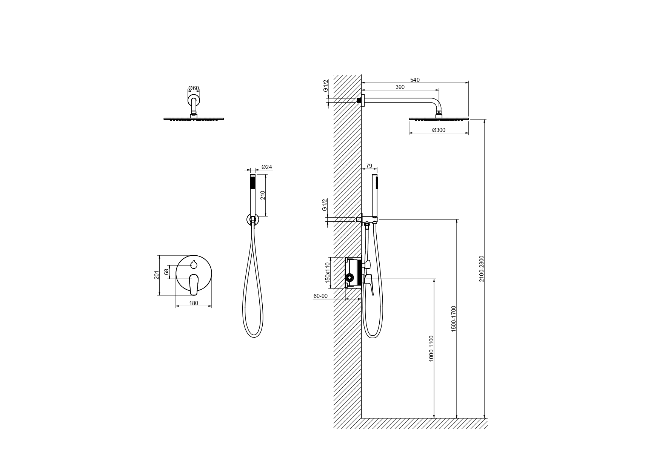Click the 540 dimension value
(x=415, y=80)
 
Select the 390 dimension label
(x=400, y=87)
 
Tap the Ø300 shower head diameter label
(x=439, y=130)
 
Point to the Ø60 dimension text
(x=194, y=88)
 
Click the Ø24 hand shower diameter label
(x=267, y=167)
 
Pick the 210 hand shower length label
(x=263, y=195)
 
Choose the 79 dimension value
(x=369, y=166)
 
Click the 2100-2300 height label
(x=481, y=269)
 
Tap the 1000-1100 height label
(x=431, y=349)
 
